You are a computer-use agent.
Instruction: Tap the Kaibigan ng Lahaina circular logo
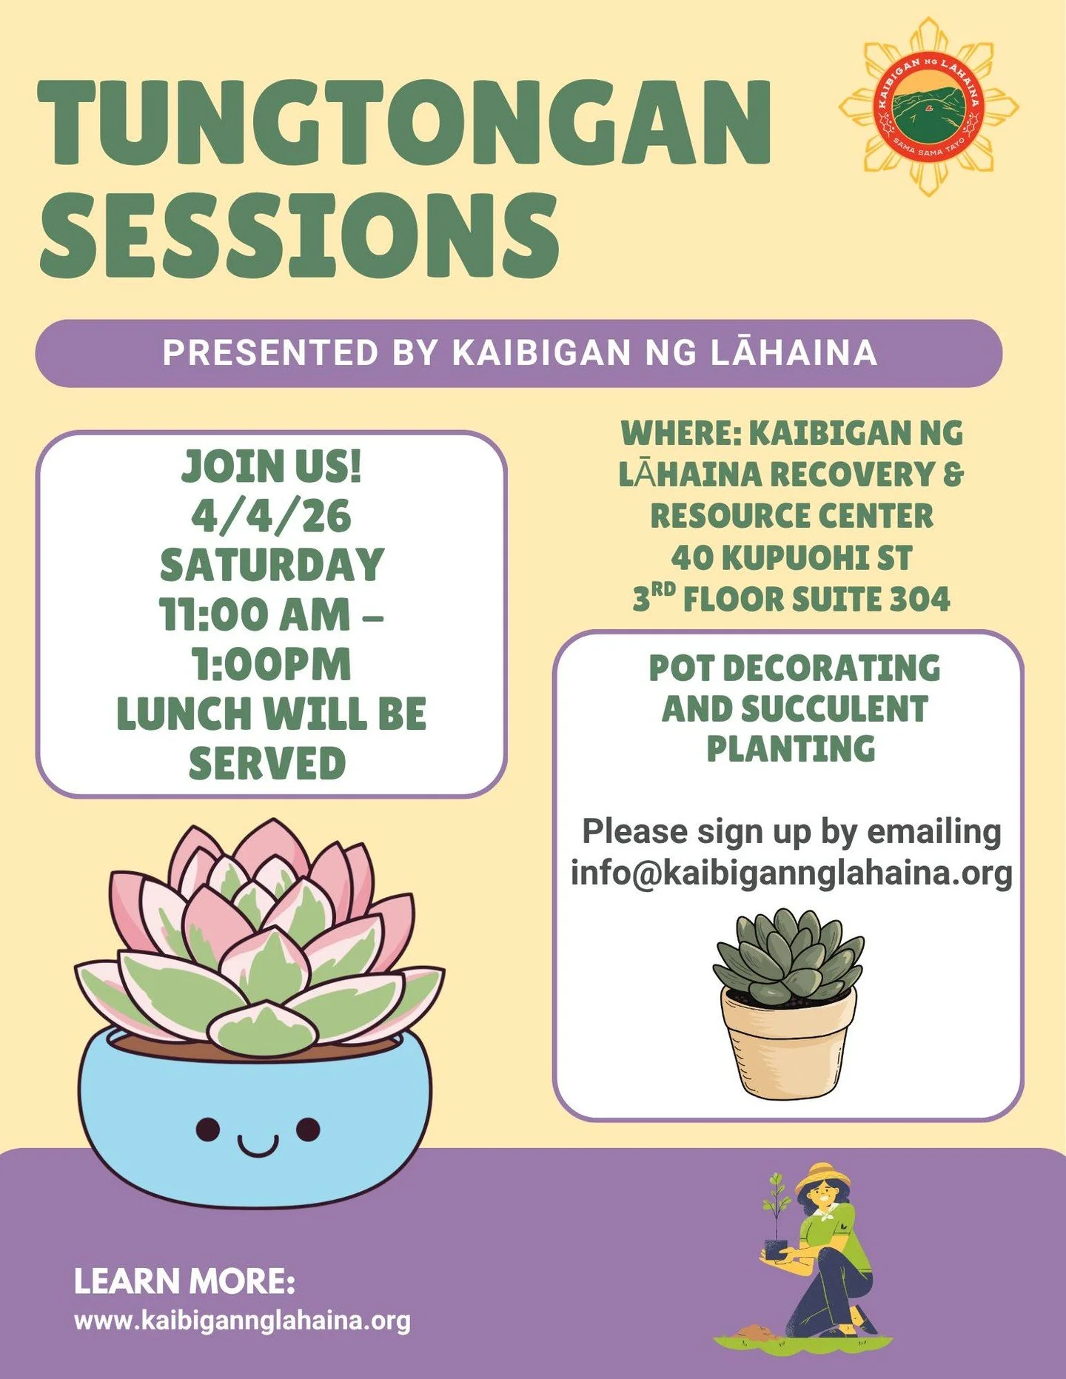coord(928,107)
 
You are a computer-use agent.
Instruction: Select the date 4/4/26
coord(271,516)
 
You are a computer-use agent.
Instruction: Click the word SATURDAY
coord(272,565)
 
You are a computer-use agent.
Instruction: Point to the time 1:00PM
coord(272,664)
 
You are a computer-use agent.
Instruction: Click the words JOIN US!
coord(272,466)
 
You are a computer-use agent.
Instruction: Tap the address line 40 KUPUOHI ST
coord(791,557)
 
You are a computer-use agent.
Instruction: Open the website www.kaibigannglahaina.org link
coord(242,1321)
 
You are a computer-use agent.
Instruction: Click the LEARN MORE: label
coord(184,1281)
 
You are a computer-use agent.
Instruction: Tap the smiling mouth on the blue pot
coord(258,1147)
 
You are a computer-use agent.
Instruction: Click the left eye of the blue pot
coord(208,1130)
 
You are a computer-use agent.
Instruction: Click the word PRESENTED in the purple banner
coord(271,352)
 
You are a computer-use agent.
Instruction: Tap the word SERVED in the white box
coord(267,763)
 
